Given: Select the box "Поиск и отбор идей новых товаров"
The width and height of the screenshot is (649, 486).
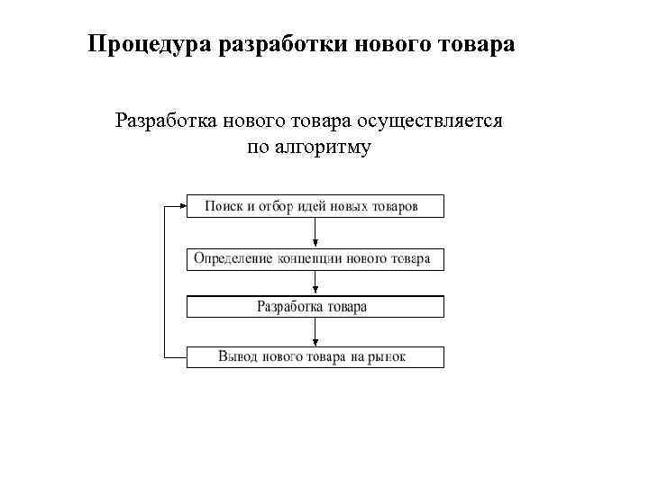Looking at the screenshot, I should [315, 206].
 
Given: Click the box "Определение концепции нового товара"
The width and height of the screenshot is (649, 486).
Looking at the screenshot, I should [315, 259].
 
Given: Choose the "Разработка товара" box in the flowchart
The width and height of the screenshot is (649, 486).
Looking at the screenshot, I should [315, 307].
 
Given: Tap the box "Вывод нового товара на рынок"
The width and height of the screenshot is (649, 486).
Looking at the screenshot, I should [315, 357].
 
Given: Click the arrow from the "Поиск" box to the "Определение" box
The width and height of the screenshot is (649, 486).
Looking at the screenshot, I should [315, 232].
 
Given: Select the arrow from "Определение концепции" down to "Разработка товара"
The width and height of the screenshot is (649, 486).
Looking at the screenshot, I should [315, 283].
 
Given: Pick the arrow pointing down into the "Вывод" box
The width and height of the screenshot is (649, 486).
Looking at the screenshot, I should [315, 333].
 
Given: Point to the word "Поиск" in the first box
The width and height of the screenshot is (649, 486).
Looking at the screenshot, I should [223, 206].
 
